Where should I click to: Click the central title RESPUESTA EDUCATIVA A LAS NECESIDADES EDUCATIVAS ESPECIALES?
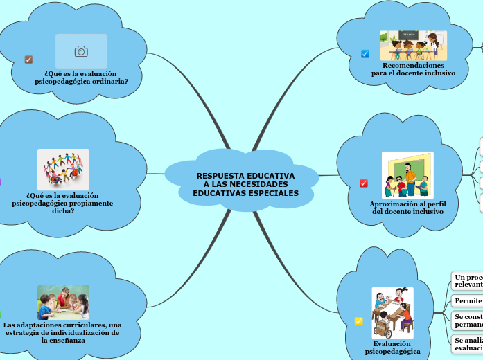pos(245,184)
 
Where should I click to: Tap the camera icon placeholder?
pos(81,51)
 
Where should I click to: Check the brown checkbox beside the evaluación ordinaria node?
pos(28,60)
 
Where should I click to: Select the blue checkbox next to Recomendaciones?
pos(365,53)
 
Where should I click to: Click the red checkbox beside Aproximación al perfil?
pos(364,183)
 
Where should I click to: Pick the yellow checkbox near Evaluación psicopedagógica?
pos(358,321)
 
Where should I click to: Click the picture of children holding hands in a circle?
pos(63,169)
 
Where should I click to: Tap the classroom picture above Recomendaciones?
pos(412,46)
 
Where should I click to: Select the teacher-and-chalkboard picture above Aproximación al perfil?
pos(407,175)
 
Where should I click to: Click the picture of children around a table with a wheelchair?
pos(392,313)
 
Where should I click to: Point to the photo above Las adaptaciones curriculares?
pos(63,303)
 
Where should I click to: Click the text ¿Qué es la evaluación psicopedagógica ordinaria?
pos(81,77)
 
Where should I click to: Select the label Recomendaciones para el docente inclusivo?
pos(413,69)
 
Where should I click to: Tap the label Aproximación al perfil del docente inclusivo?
pos(407,208)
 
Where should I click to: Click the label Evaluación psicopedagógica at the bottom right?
pos(392,348)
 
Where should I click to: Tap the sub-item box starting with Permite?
pos(467,301)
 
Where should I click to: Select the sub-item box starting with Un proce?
pos(467,280)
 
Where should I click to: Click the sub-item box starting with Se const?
pos(467,321)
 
